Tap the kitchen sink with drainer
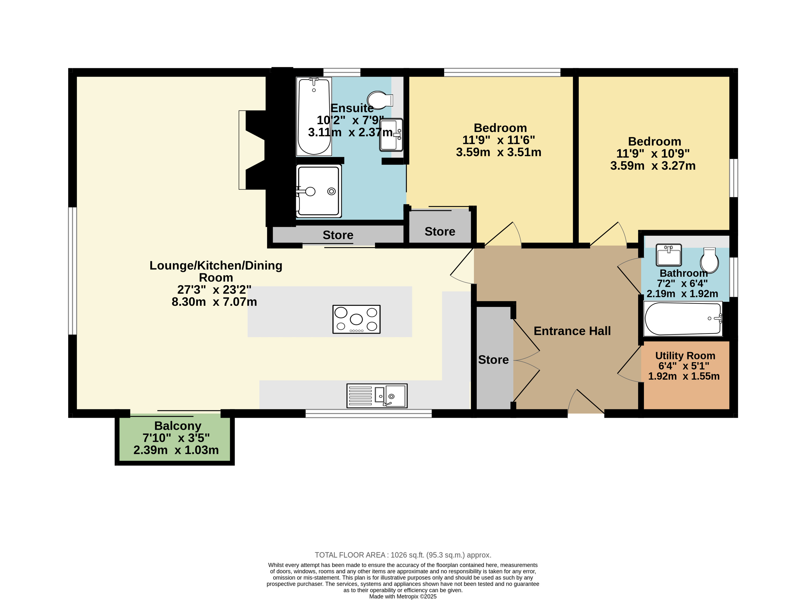click(377, 396)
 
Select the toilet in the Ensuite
click(380, 100)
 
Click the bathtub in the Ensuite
click(314, 116)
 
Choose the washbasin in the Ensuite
click(391, 135)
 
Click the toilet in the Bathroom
click(709, 260)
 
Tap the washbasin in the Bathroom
click(669, 255)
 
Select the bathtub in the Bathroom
click(683, 319)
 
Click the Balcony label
click(177, 426)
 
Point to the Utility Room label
click(685, 356)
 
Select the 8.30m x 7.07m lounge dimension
click(214, 302)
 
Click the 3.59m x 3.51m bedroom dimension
click(498, 152)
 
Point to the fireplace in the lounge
click(252, 150)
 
